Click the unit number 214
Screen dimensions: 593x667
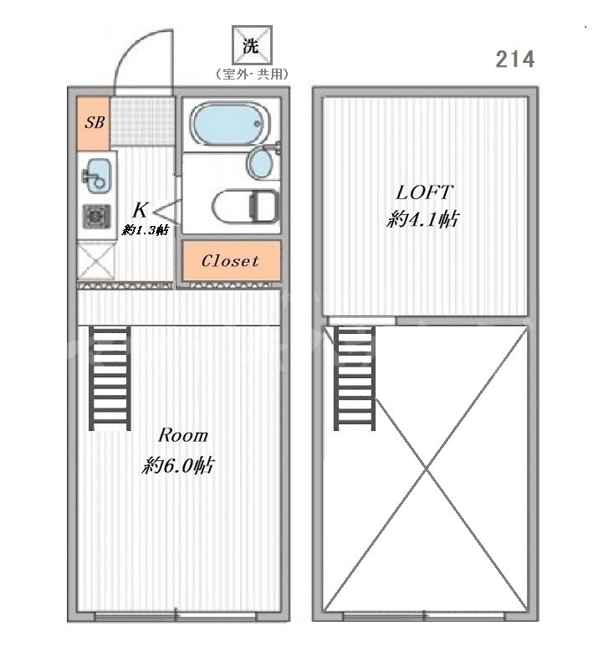coord(514,59)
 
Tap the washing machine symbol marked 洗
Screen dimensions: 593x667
coord(251,45)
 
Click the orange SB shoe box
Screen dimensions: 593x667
coord(94,123)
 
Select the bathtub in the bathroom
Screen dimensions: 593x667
coord(229,124)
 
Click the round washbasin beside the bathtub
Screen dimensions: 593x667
coord(259,162)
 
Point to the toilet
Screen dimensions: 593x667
coord(246,207)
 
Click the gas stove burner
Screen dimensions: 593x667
coord(97,217)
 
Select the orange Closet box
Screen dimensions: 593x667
coord(232,260)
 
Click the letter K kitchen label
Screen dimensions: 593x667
coord(141,210)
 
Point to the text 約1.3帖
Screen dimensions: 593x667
coord(146,230)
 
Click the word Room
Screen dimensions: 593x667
coord(183,435)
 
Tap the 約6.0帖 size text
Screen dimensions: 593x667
coord(178,465)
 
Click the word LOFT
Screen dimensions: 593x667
coord(423,192)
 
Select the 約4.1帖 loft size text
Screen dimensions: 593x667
coord(423,219)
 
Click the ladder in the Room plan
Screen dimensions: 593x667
coord(110,378)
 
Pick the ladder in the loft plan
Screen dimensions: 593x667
coord(355,378)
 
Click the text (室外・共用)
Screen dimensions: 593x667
coord(252,74)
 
